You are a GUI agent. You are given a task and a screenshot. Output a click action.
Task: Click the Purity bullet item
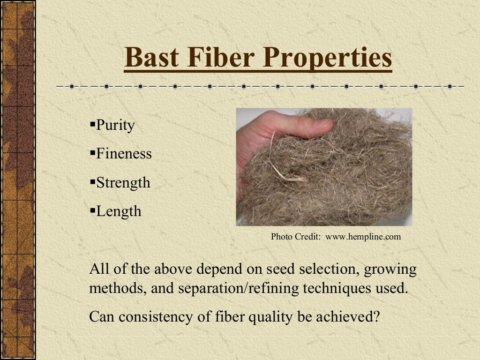coord(115,126)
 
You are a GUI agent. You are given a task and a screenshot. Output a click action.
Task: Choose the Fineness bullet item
coord(124,154)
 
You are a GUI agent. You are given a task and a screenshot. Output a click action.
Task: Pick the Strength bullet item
coord(123,182)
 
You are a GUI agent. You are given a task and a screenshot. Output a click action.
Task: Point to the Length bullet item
coord(119,211)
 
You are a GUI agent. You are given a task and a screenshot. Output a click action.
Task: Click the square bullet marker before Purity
coord(92,125)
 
